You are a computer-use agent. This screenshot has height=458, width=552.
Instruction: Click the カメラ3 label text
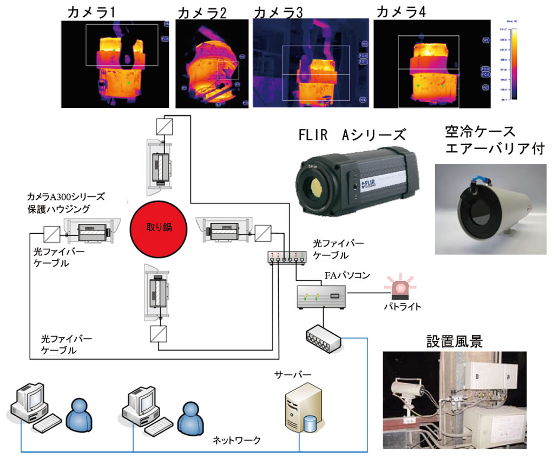pos(278,12)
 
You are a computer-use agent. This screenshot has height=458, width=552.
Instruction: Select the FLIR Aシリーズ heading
pos(354,134)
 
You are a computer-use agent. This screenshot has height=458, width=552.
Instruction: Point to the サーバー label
pos(291,375)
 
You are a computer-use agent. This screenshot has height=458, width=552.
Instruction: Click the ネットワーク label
pos(237,440)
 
